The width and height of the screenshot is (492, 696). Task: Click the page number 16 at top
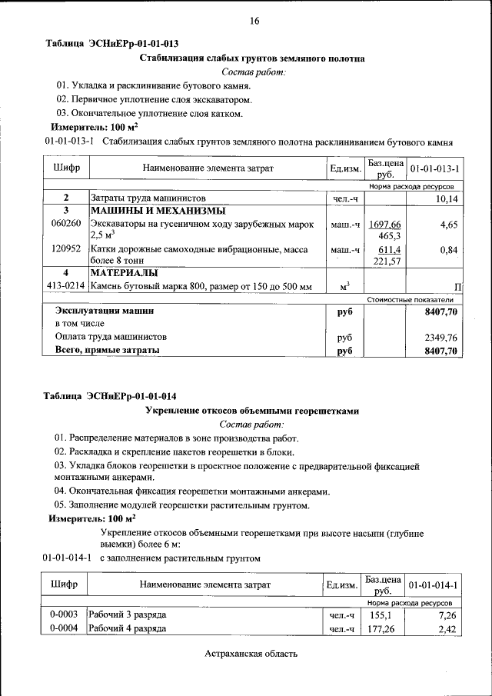coord(254,21)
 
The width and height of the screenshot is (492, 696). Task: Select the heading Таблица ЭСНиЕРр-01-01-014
coord(111,396)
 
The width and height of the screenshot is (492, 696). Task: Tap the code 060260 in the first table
coord(65,224)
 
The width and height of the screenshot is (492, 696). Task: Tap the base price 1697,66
coord(385,224)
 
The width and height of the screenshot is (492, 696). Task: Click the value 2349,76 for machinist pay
coord(441,337)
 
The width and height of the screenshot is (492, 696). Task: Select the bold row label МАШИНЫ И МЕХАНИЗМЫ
coord(147,211)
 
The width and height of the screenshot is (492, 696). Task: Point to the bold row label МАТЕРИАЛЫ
coord(124,273)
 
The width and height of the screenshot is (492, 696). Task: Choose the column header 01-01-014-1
coord(434,585)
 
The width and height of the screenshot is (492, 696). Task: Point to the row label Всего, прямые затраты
coord(108,351)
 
